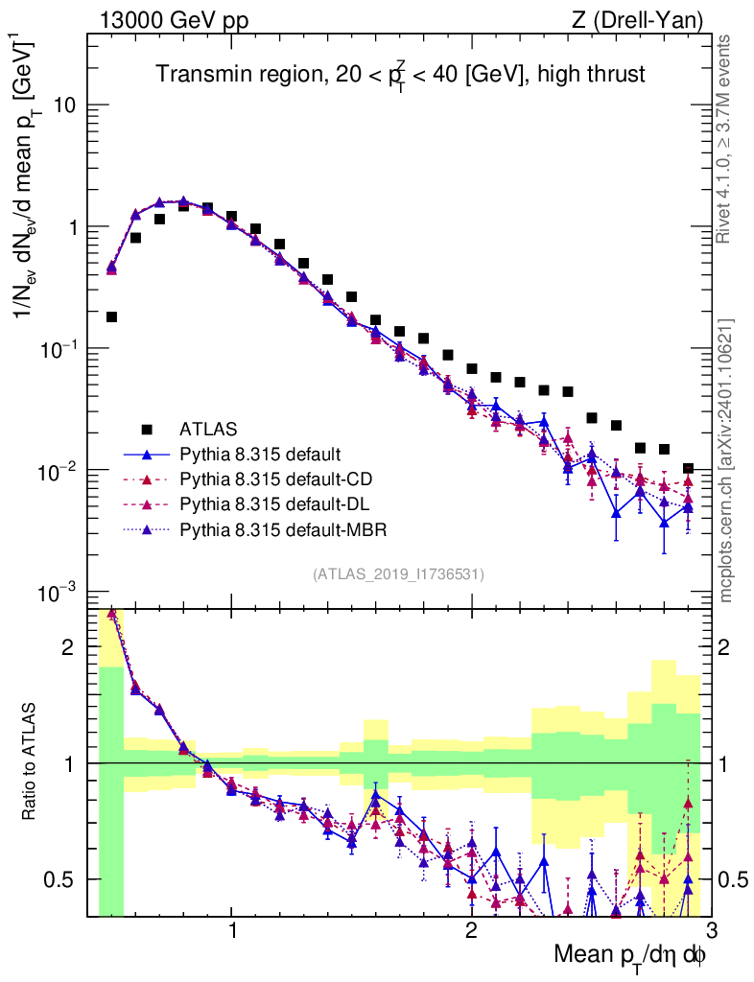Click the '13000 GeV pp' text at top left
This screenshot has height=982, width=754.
[x=173, y=19]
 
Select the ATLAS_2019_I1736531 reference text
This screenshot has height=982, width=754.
[x=398, y=574]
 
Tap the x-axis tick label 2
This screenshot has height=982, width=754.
[x=471, y=932]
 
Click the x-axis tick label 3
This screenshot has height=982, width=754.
[x=711, y=932]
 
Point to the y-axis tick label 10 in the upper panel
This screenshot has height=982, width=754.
[x=65, y=105]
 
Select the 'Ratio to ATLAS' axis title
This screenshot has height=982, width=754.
[x=32, y=762]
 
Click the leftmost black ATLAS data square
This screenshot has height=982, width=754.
[x=111, y=316]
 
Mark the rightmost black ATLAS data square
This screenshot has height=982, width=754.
[x=688, y=469]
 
